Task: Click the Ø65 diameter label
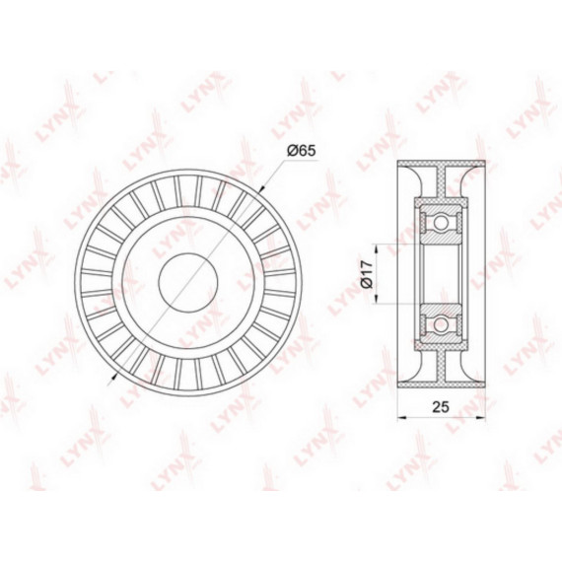(301, 151)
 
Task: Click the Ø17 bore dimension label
(368, 274)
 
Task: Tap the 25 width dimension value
(441, 407)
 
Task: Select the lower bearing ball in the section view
(441, 325)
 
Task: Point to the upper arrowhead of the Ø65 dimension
(262, 190)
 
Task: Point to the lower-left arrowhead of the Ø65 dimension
(114, 376)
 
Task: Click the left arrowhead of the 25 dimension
(402, 417)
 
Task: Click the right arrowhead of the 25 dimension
(481, 417)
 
